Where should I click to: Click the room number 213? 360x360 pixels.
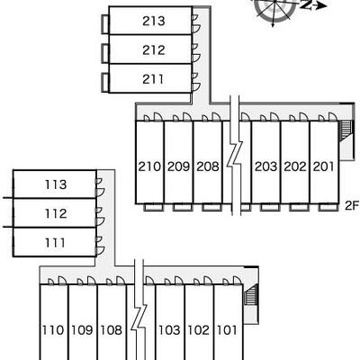154,21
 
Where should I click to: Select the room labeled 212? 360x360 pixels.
154,50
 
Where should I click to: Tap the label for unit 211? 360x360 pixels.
153,79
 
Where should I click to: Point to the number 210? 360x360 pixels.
149,166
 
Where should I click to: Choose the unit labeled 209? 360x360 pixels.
179,166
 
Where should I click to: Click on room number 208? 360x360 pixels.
208,166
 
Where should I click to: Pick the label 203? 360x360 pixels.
265,166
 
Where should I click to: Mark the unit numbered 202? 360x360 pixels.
295,166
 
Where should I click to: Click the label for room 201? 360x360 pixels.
324,166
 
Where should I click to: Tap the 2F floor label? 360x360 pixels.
352,205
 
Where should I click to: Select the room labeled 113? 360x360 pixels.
56,184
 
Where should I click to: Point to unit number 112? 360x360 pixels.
56,213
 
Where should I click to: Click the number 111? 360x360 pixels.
55,242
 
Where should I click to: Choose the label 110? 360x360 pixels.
53,330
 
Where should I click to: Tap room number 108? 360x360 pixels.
111,330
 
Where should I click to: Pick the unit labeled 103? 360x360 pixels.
169,330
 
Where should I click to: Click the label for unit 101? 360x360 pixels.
227,330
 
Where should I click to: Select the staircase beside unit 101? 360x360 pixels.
251,294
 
